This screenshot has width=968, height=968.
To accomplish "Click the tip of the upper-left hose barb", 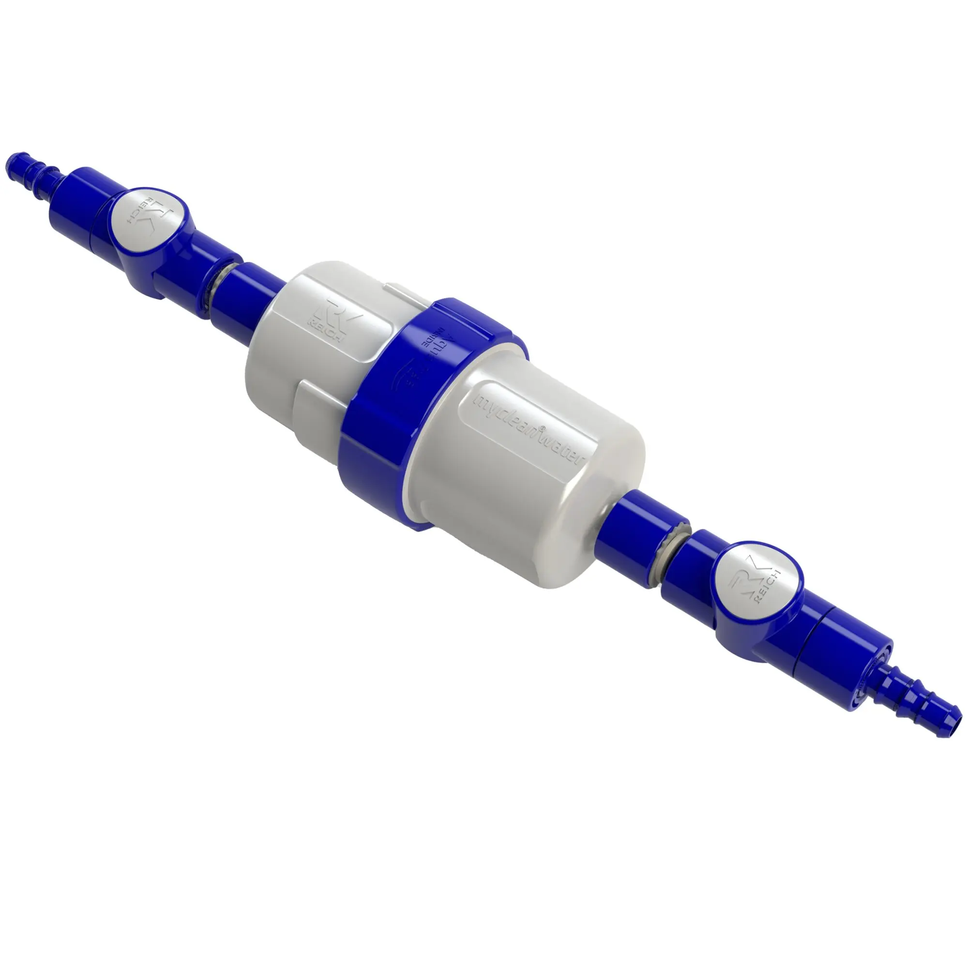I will pyautogui.click(x=11, y=161).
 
